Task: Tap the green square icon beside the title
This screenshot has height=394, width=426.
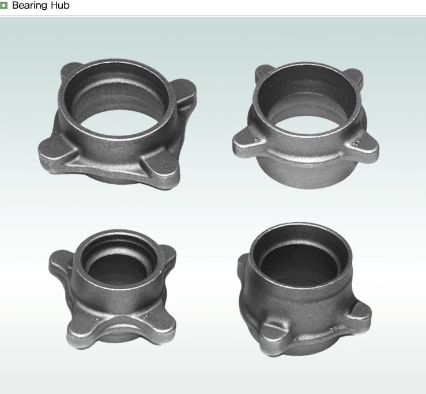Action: click(3, 5)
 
